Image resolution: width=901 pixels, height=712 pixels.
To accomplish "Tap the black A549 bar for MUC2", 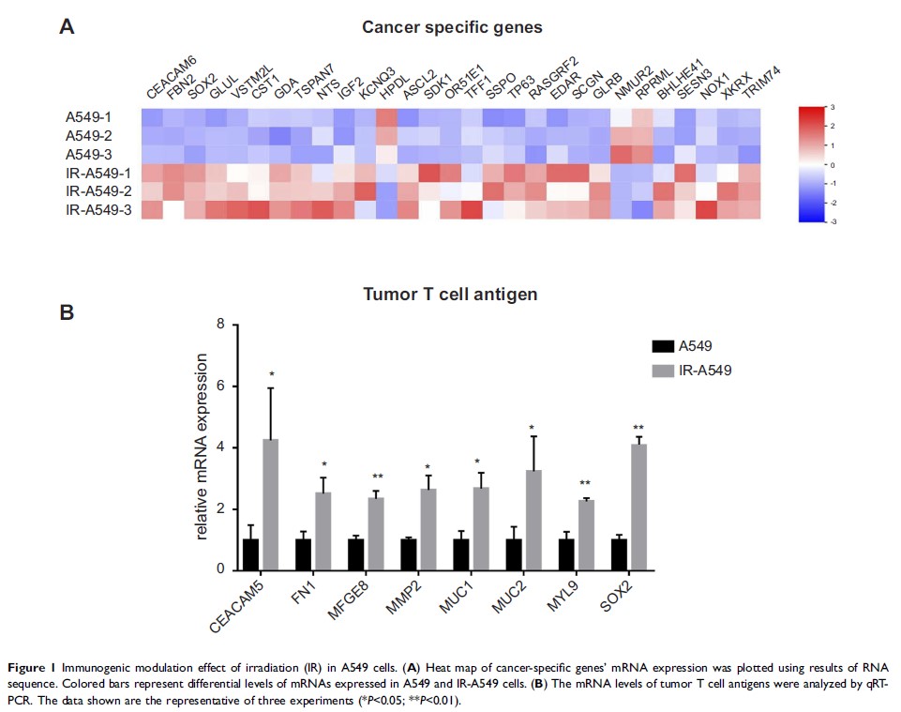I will [513, 553].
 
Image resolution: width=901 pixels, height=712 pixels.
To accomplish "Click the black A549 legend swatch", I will [664, 345].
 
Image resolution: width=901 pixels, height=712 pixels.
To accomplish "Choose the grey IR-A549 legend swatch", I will [664, 371].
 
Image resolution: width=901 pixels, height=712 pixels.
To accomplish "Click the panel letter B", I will [67, 312].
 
